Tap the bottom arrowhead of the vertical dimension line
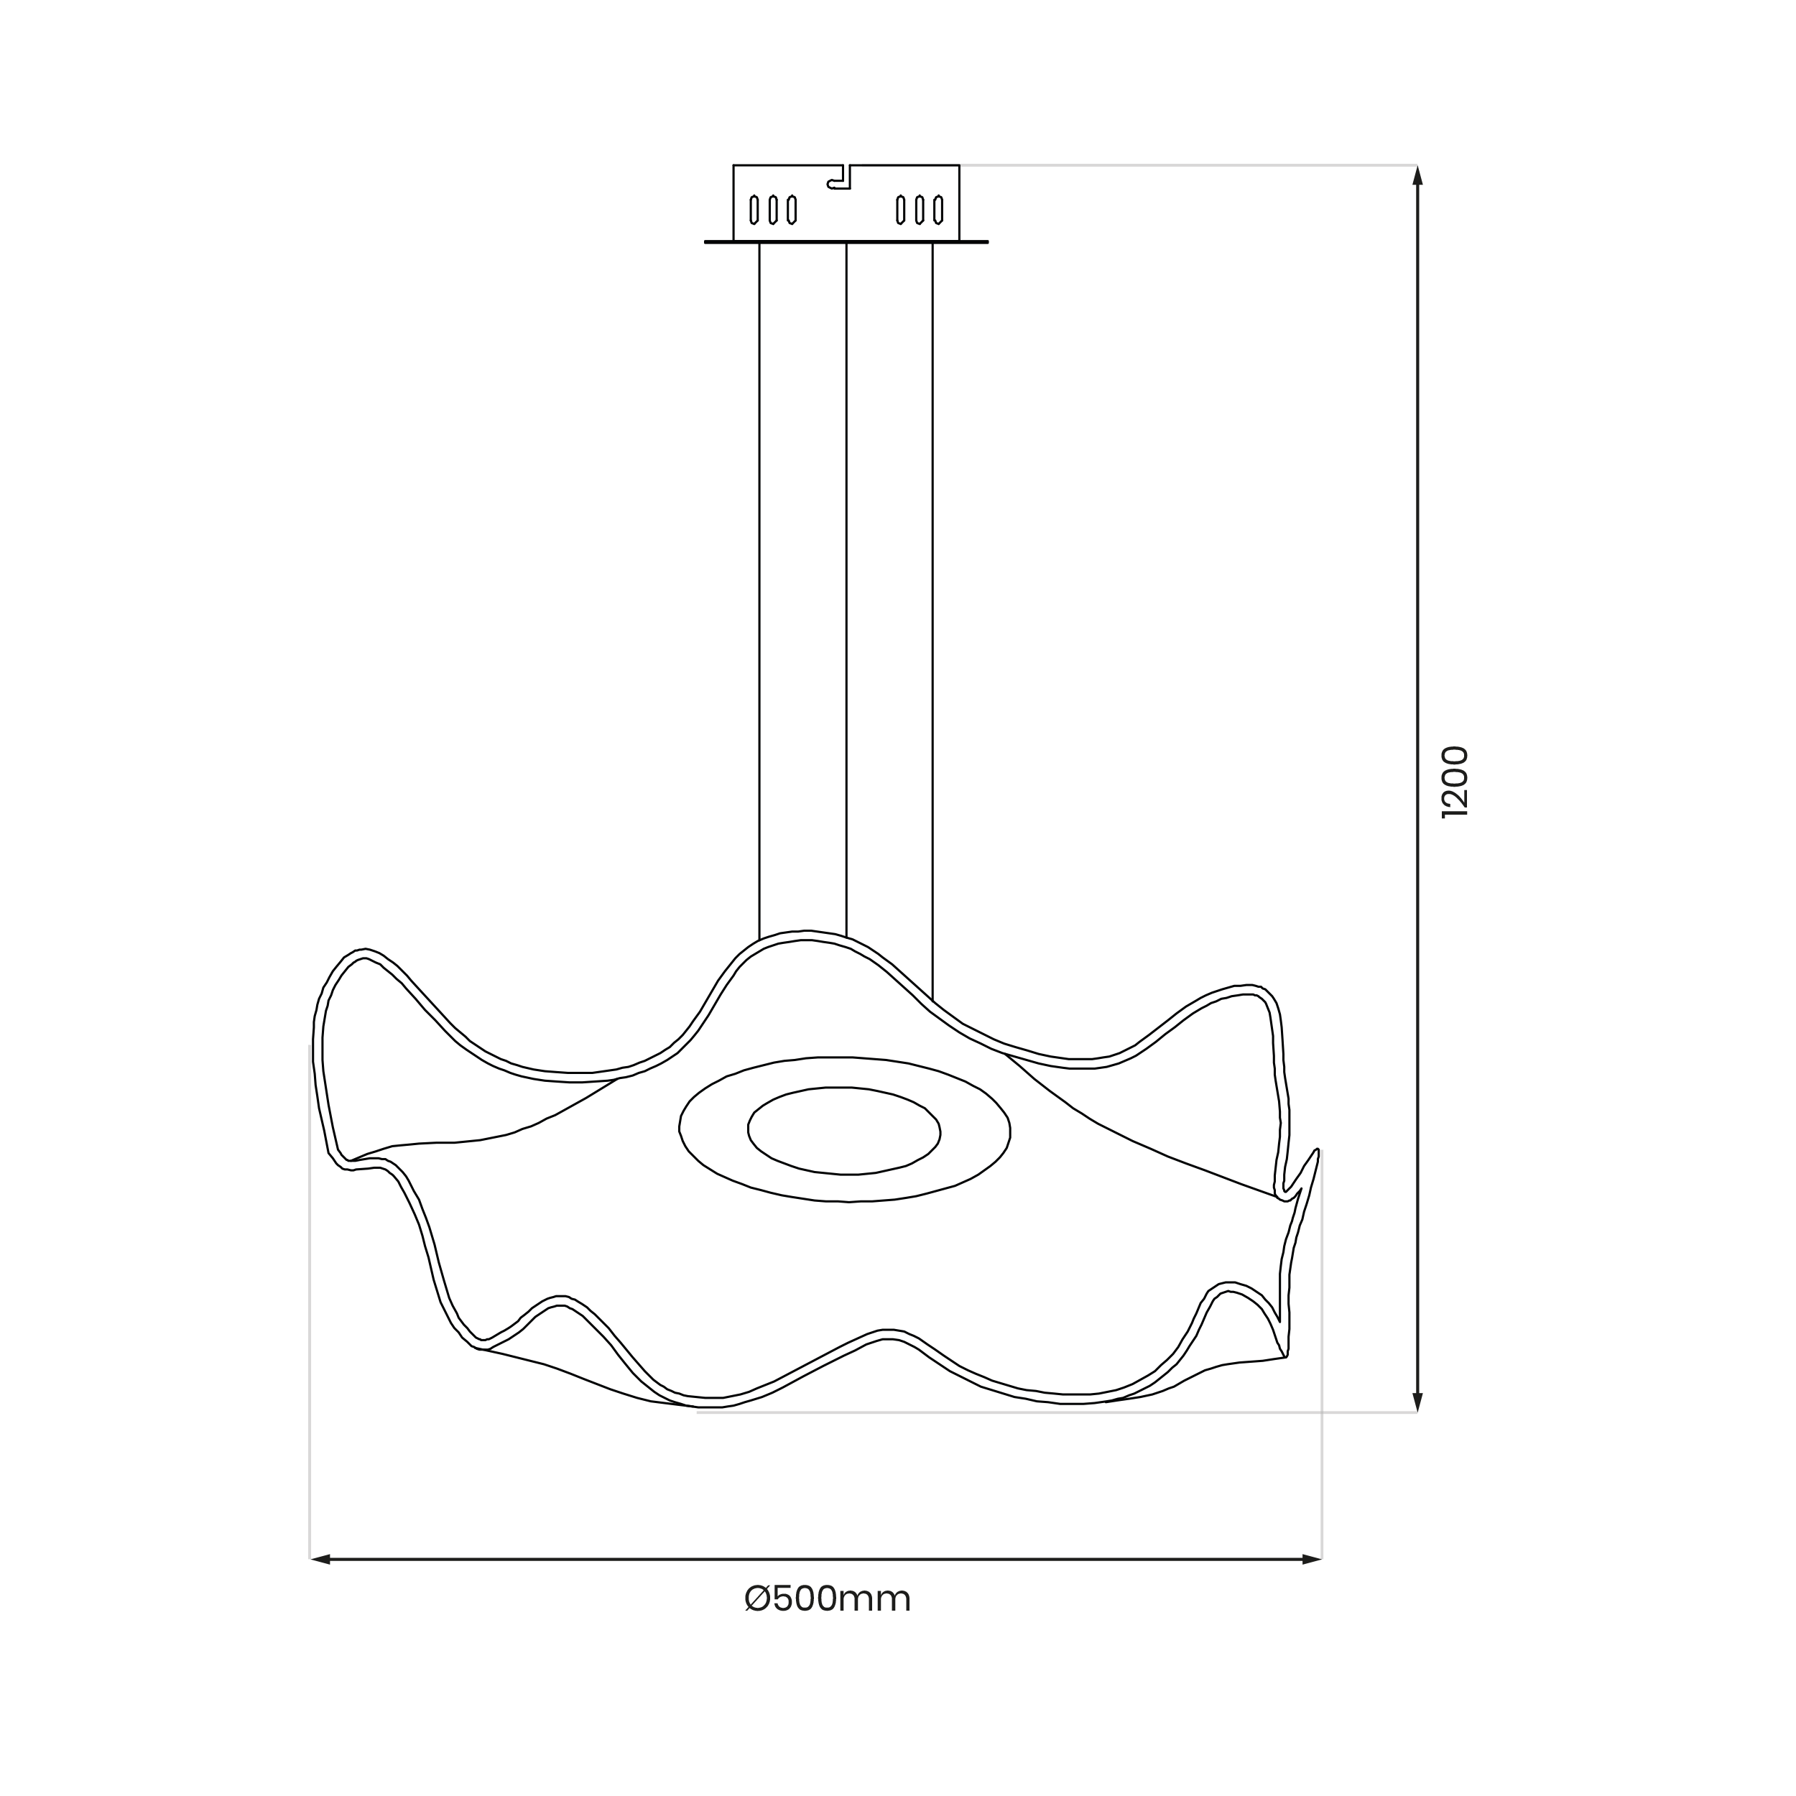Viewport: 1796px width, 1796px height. pos(1417,1402)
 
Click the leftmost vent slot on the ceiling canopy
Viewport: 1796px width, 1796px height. pos(754,210)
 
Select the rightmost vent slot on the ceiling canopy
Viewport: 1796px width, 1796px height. pos(939,210)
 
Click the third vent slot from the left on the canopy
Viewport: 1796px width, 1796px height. pos(791,210)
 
